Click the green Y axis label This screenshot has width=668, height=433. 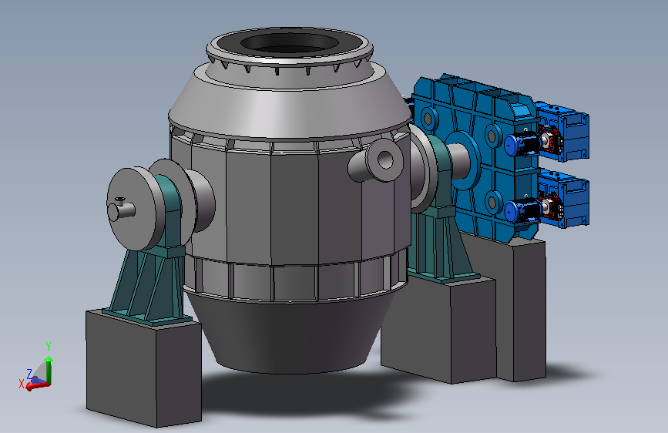point(49,346)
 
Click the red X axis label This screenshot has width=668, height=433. point(22,384)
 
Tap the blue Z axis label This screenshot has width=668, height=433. point(29,374)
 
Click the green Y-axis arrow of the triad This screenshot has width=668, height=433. point(49,370)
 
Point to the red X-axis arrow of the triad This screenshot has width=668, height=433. point(38,386)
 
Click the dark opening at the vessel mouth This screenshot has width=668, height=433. point(290,43)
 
